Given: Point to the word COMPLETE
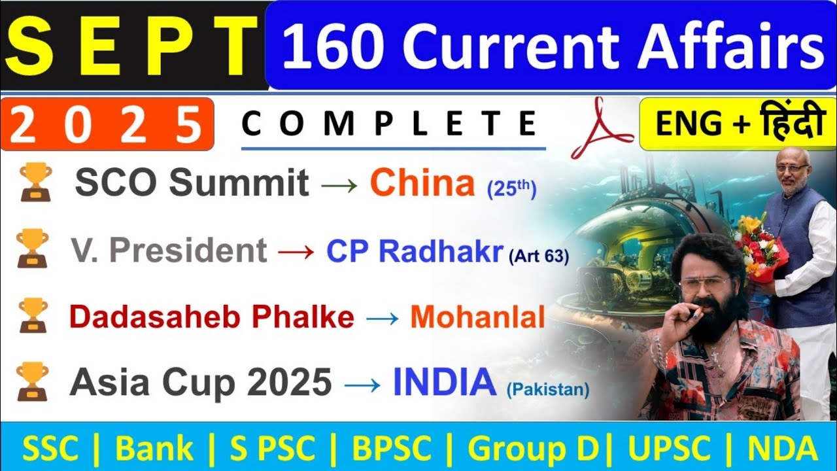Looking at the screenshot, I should [x=390, y=124].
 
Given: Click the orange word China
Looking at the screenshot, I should [x=422, y=184].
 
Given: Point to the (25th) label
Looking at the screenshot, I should [x=511, y=189].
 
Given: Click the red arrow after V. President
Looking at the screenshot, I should [x=296, y=251].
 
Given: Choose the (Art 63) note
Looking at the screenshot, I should [x=538, y=256].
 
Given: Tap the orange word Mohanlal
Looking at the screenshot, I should [x=477, y=317].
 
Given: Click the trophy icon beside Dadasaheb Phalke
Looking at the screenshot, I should [x=31, y=315].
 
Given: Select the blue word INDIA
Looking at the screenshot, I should [x=445, y=383].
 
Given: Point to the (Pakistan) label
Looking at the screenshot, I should [x=547, y=391].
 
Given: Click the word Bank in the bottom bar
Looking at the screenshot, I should [x=154, y=449].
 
